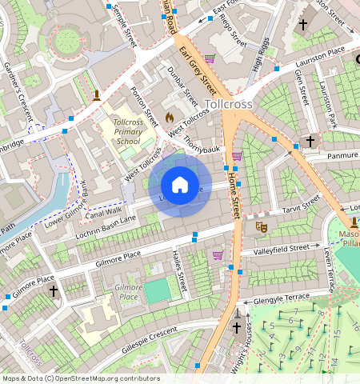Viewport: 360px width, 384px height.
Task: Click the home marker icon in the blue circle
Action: (180, 185)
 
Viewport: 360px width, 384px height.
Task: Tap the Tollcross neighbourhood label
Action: (229, 104)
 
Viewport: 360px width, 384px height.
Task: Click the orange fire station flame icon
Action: (169, 118)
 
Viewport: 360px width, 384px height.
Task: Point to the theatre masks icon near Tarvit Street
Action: (260, 227)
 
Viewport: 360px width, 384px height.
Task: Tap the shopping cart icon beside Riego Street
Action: (210, 58)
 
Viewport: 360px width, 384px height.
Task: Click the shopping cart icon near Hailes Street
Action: (218, 254)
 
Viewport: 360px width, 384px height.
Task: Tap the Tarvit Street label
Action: (302, 206)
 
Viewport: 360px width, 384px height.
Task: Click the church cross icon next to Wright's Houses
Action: (237, 327)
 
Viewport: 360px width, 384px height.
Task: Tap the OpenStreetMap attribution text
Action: (81, 378)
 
